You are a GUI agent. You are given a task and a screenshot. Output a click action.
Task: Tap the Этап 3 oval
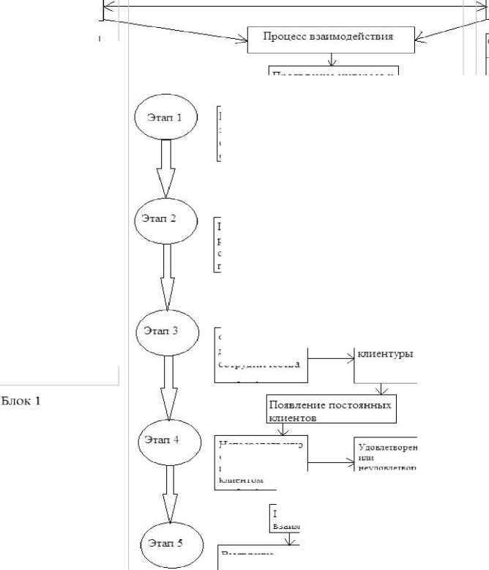click(168, 330)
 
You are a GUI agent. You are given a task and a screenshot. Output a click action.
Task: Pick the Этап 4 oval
click(168, 440)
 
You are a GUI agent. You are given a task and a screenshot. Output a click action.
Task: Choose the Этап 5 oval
click(169, 544)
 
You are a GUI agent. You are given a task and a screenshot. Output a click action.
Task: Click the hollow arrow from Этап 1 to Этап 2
click(166, 169)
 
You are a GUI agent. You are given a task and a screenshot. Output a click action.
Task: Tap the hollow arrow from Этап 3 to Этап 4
click(168, 385)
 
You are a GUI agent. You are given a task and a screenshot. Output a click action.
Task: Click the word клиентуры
click(385, 353)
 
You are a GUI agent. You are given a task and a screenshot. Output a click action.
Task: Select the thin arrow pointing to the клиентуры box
click(331, 359)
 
